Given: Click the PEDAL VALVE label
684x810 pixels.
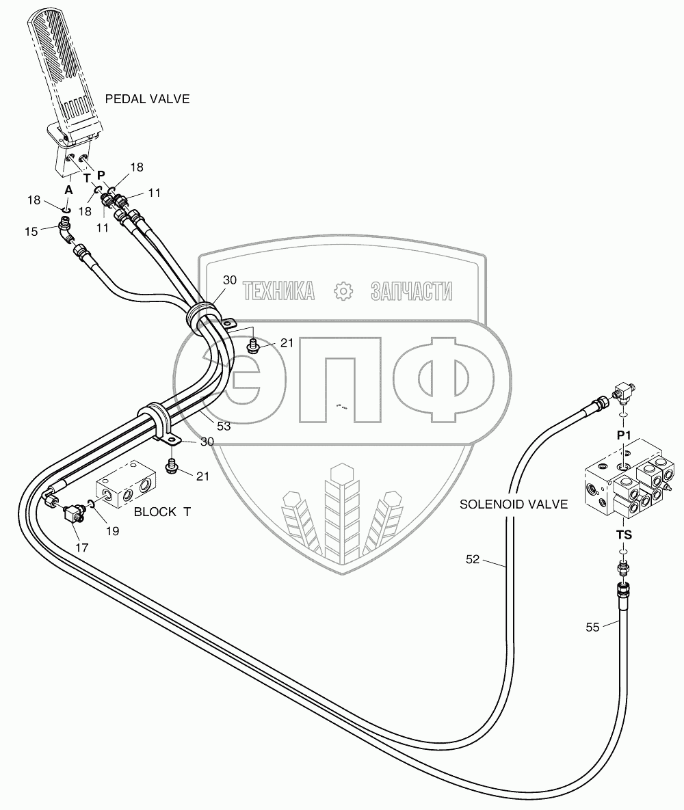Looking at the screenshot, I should coord(147,99).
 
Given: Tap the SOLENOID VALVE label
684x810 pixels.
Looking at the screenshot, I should coord(514,504).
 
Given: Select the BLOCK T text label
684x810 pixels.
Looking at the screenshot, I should coord(162,511).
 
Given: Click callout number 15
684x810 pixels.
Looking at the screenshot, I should coord(31,231).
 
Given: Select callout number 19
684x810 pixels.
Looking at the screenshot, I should coord(111,530).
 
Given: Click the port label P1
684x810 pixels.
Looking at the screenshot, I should coord(623,435).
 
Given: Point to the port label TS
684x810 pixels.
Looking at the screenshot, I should coord(623,535).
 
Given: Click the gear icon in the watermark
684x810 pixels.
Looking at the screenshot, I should coord(342,292).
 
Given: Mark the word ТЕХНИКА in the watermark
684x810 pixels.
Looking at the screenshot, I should coord(278,292).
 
